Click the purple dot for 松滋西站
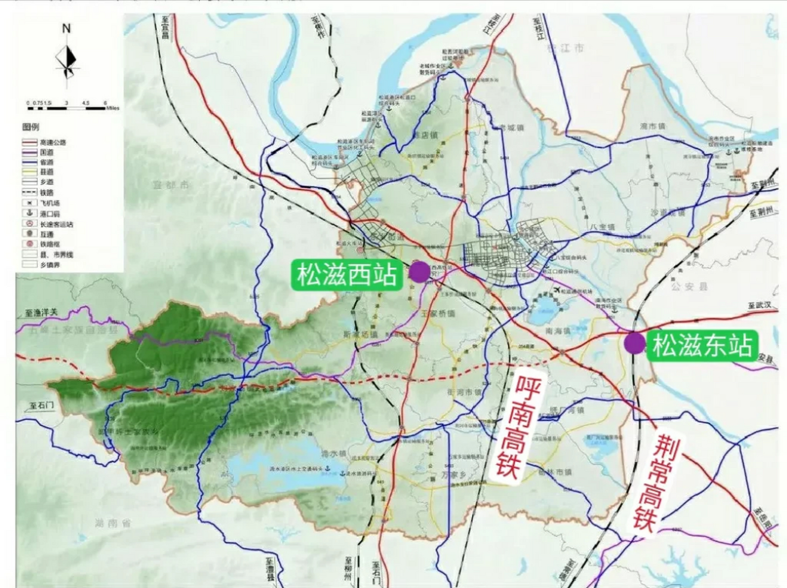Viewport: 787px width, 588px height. (419, 271)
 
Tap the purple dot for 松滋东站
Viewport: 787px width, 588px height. (635, 343)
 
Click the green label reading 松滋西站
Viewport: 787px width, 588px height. (347, 275)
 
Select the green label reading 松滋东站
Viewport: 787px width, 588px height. (702, 345)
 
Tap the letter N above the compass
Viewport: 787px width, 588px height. (67, 28)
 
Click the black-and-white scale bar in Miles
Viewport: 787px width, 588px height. (67, 108)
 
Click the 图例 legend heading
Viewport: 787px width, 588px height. (31, 127)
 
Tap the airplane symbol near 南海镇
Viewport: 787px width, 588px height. (557, 289)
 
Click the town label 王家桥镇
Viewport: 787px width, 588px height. (438, 313)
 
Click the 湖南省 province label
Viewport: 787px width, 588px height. (112, 523)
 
